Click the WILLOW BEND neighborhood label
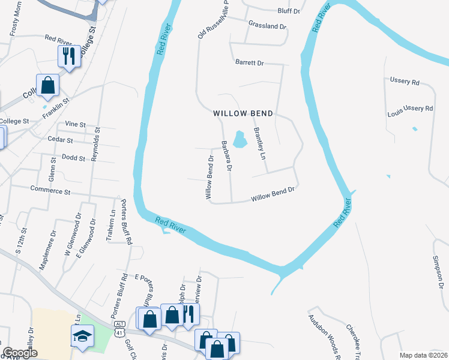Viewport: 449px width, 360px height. pyautogui.click(x=243, y=113)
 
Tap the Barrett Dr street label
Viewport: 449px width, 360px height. pyautogui.click(x=250, y=62)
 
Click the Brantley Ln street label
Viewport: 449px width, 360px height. pyautogui.click(x=259, y=143)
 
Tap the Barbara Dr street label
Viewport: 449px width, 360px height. pyautogui.click(x=226, y=156)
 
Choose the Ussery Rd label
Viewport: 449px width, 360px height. pyautogui.click(x=405, y=82)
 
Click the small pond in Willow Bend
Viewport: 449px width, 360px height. pyautogui.click(x=240, y=140)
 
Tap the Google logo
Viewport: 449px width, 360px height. pyautogui.click(x=20, y=353)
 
